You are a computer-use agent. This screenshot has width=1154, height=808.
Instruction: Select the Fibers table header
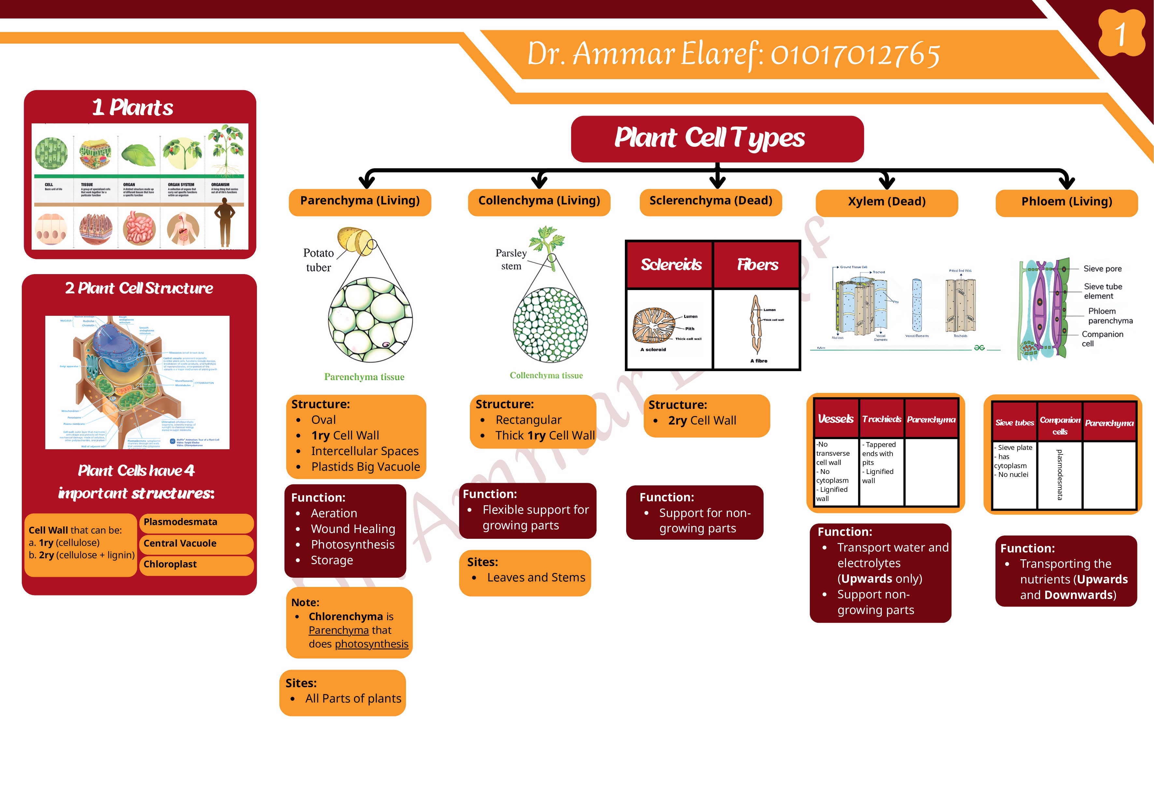pyautogui.click(x=757, y=265)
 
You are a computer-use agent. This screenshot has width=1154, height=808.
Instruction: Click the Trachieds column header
pyautogui.click(x=881, y=419)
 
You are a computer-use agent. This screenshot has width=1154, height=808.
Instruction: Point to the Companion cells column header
pyautogui.click(x=1060, y=425)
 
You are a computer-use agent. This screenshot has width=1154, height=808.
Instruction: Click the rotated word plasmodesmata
pyautogui.click(x=1060, y=475)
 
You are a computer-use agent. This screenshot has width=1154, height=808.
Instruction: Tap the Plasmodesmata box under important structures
pyautogui.click(x=196, y=522)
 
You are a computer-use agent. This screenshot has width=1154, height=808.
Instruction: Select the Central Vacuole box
pyautogui.click(x=196, y=544)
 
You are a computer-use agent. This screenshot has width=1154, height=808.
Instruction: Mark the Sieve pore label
pyautogui.click(x=1102, y=269)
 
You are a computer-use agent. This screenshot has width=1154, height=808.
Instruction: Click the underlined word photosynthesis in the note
pyautogui.click(x=372, y=644)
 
